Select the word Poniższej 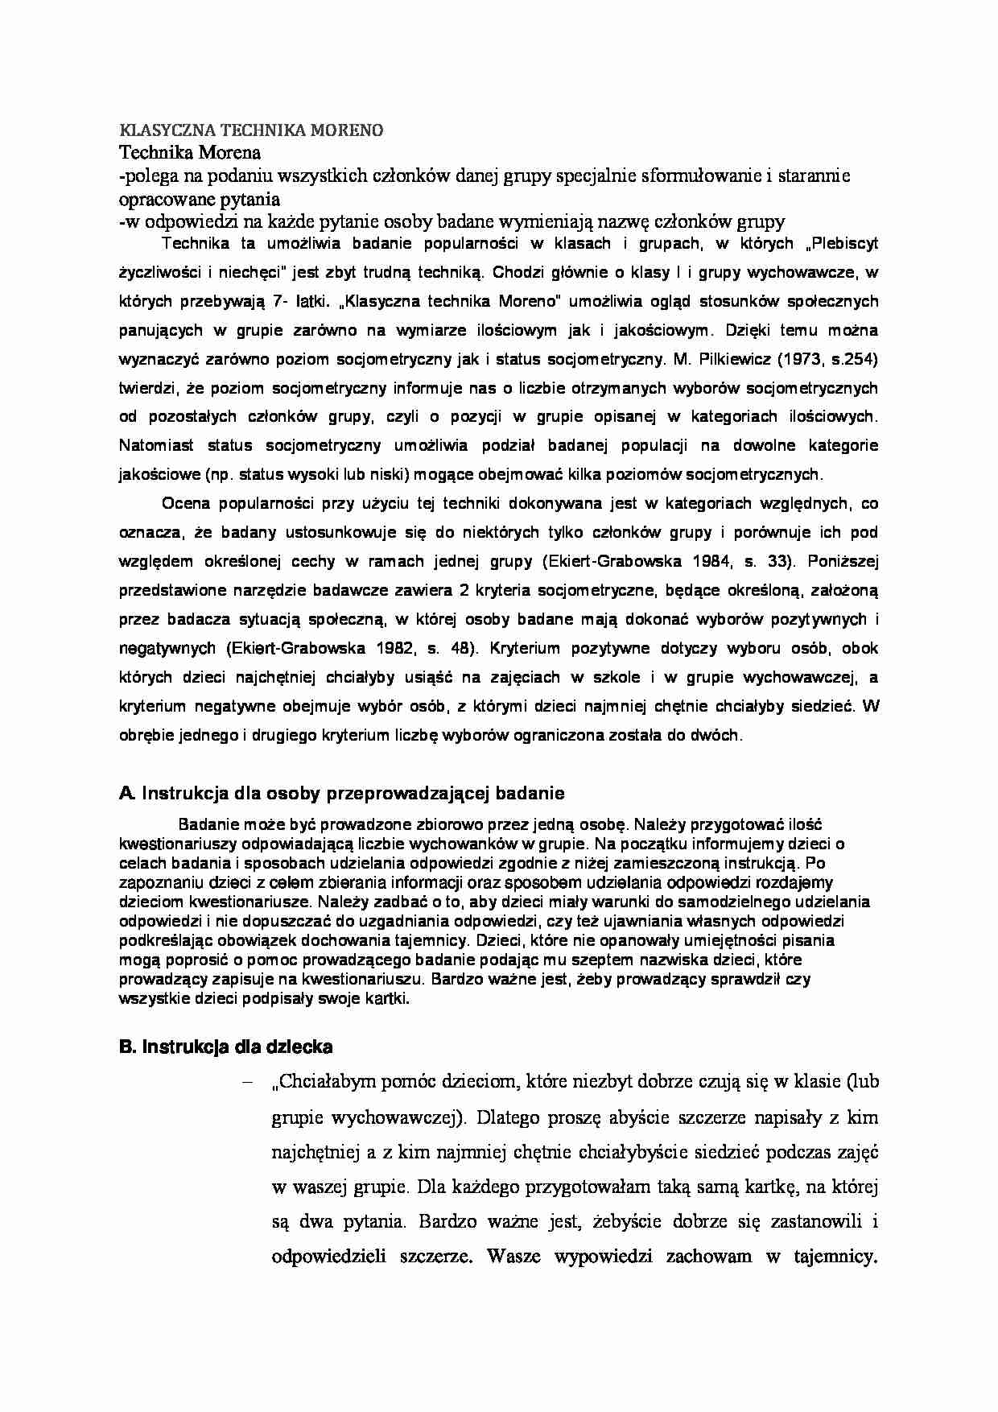tap(842, 562)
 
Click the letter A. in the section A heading tap(127, 793)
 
